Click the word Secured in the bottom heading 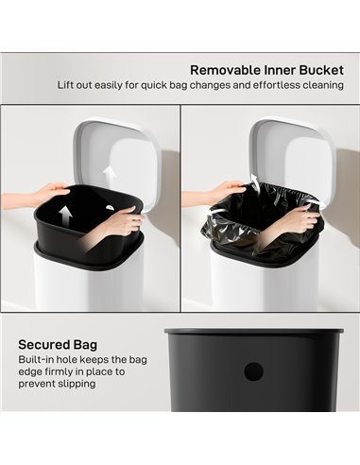[42, 345]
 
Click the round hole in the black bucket [252, 371]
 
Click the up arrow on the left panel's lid [111, 175]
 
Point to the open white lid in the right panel [288, 151]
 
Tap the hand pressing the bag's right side [298, 221]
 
